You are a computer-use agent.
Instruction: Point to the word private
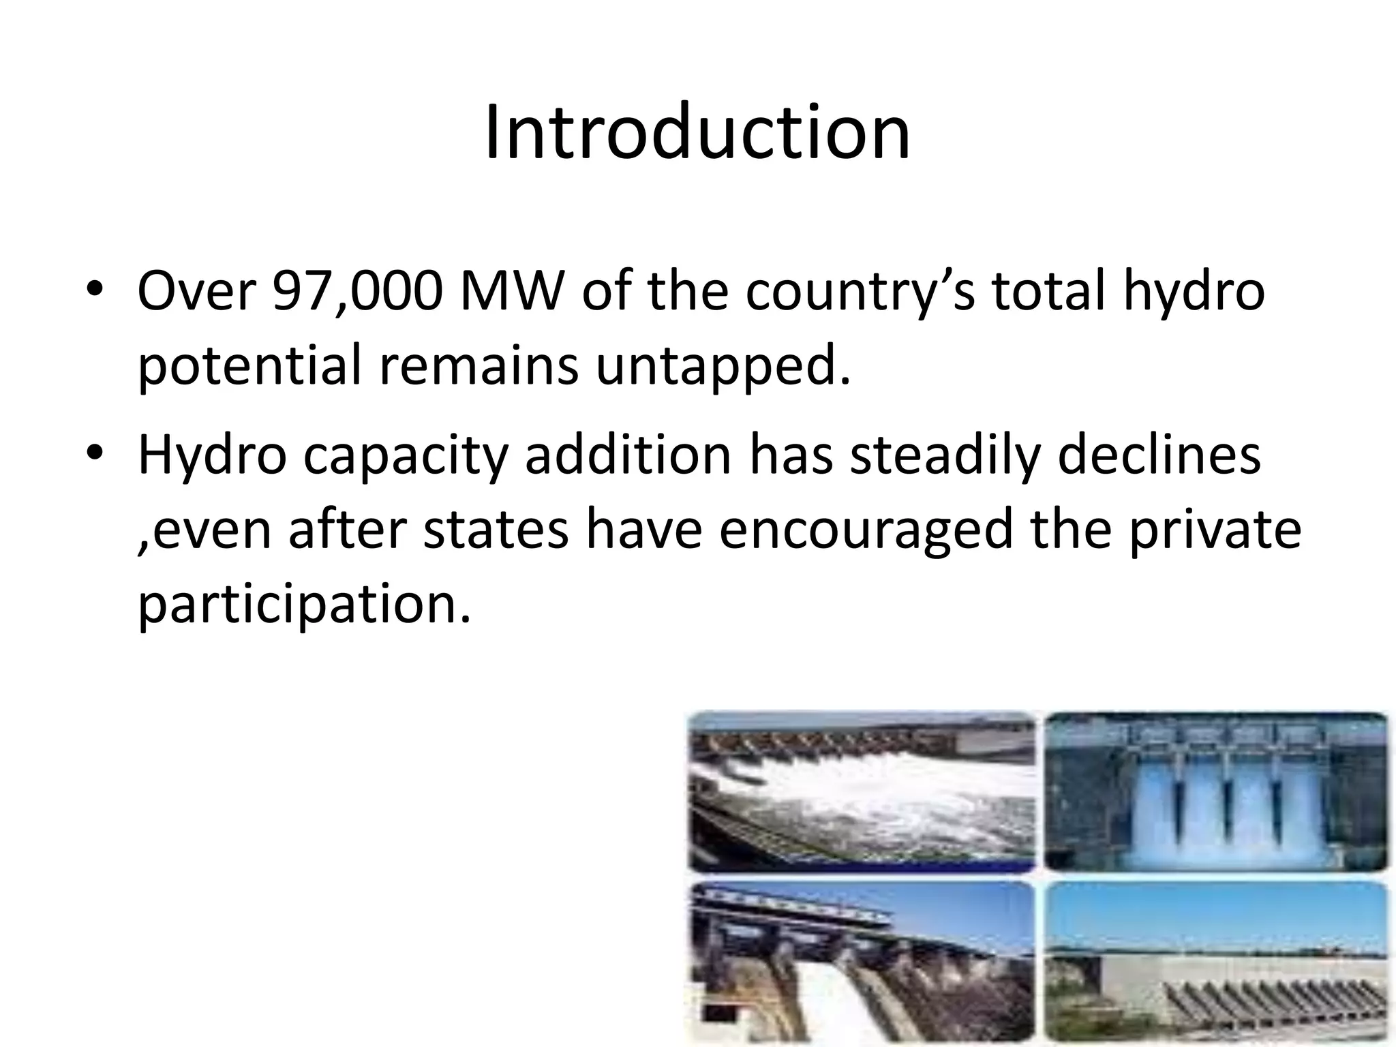(x=1214, y=530)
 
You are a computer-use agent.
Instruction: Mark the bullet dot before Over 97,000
(x=95, y=289)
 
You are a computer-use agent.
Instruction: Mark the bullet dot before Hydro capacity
(x=95, y=453)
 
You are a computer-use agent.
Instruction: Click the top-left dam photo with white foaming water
(x=862, y=791)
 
